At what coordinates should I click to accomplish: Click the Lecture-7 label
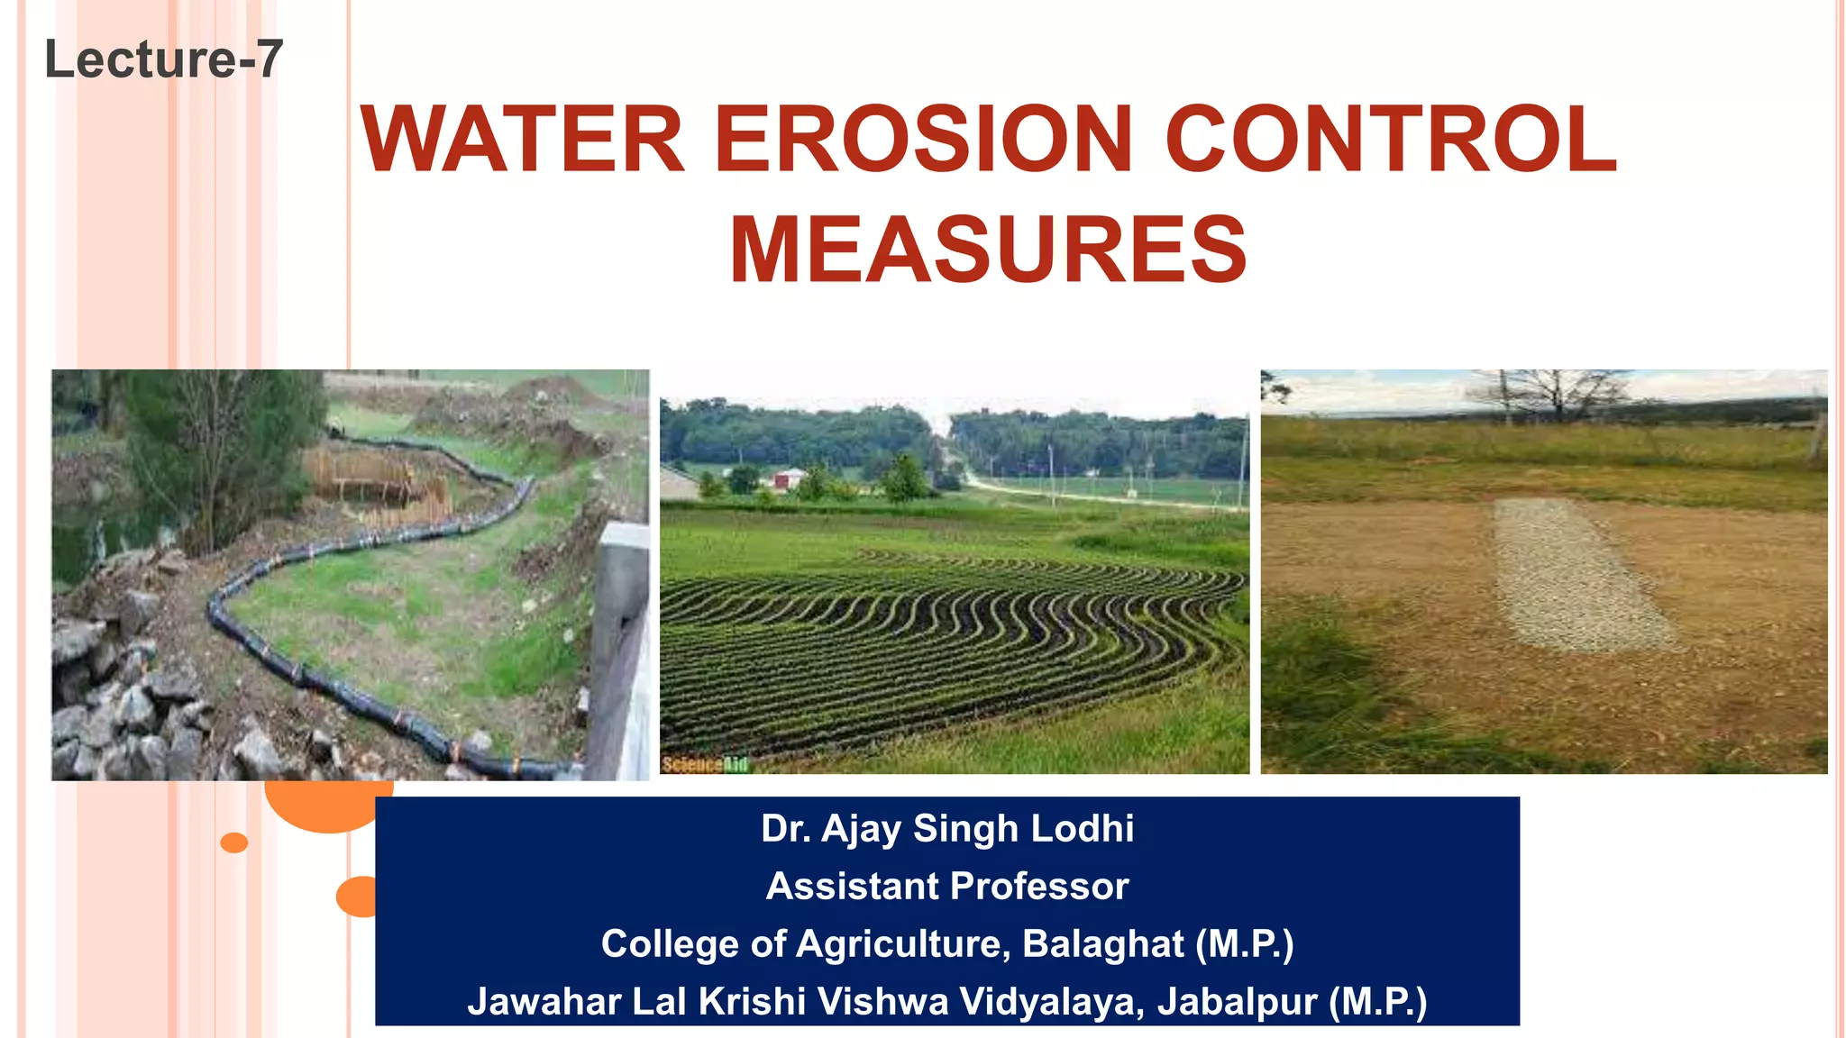coord(163,59)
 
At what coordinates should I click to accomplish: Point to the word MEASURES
coord(988,250)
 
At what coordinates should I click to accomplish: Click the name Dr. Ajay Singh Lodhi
coord(947,829)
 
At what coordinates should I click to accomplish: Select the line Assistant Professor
coord(947,887)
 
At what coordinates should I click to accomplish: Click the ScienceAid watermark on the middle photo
coord(705,765)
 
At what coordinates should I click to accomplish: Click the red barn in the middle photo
coord(790,478)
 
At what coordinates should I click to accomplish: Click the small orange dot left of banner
coord(233,842)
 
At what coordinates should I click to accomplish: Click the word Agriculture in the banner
coord(899,944)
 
